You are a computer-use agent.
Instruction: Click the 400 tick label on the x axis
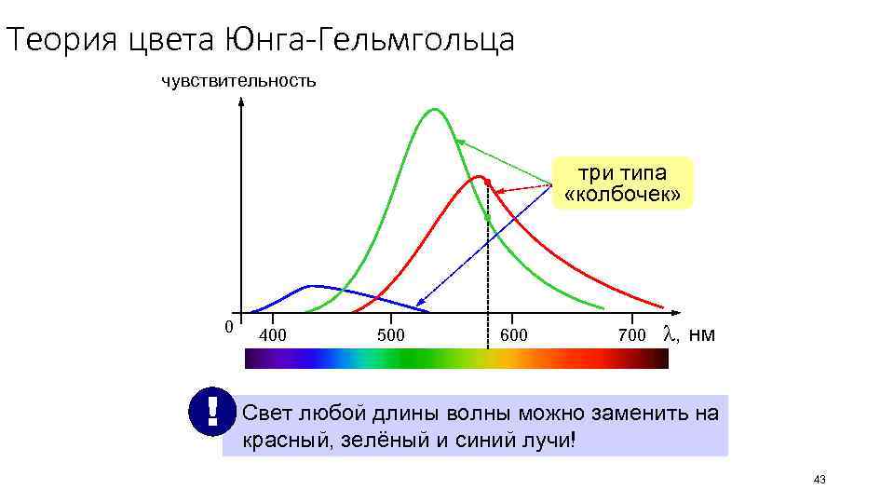(x=273, y=334)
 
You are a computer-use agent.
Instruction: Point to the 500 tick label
(x=391, y=334)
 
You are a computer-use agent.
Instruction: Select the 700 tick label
(x=631, y=334)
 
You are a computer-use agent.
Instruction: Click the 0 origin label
(x=229, y=326)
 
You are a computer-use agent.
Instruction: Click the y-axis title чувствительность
(x=238, y=81)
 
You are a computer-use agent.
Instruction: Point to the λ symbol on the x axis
(x=669, y=333)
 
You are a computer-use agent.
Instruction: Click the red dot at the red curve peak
(x=486, y=181)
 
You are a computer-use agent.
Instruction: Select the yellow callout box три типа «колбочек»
(x=623, y=184)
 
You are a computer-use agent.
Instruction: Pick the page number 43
(x=819, y=480)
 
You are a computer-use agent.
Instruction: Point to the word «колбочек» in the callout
(x=623, y=195)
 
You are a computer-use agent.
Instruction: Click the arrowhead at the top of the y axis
(x=241, y=102)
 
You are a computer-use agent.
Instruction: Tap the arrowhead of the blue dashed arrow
(x=420, y=303)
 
